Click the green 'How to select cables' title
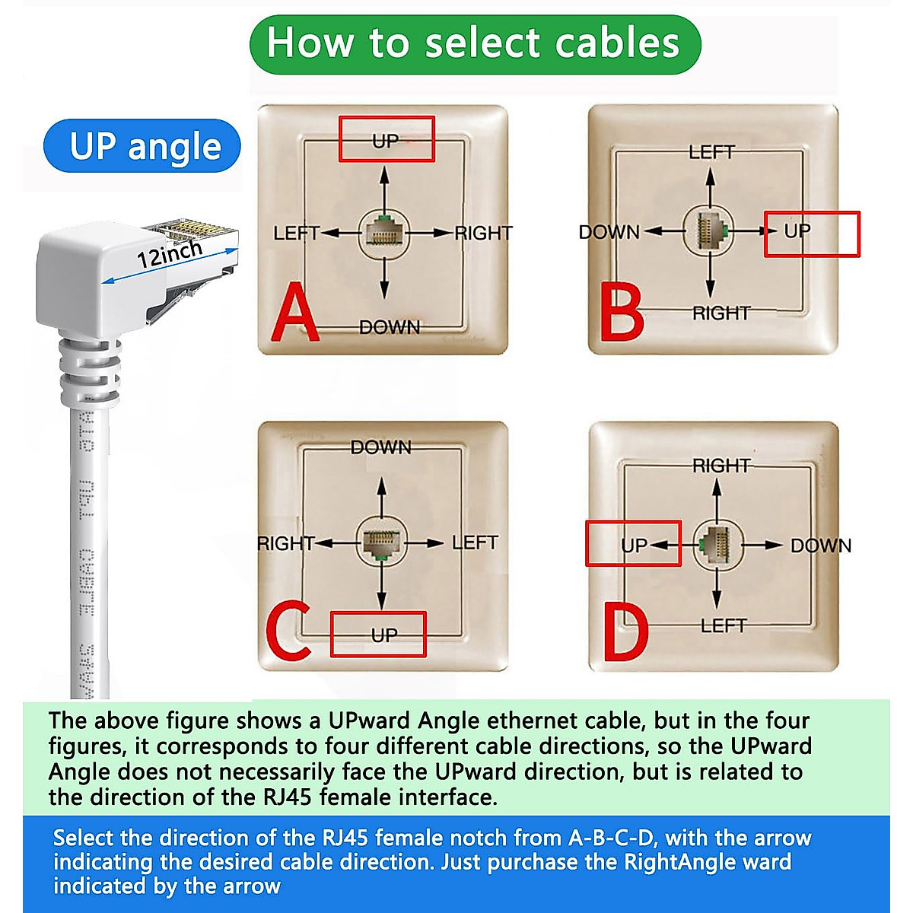click(474, 43)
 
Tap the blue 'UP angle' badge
click(144, 146)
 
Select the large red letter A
click(294, 313)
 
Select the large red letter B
click(622, 312)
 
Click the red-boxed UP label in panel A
click(386, 140)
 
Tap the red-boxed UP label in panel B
click(798, 231)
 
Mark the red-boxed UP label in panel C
click(384, 635)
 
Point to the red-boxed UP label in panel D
click(634, 545)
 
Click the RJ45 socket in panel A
click(383, 234)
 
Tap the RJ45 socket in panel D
click(716, 545)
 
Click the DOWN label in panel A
click(389, 327)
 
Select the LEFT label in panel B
click(711, 152)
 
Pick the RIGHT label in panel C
click(285, 543)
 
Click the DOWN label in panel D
click(820, 546)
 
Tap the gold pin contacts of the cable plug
click(190, 227)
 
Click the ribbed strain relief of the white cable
click(91, 371)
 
